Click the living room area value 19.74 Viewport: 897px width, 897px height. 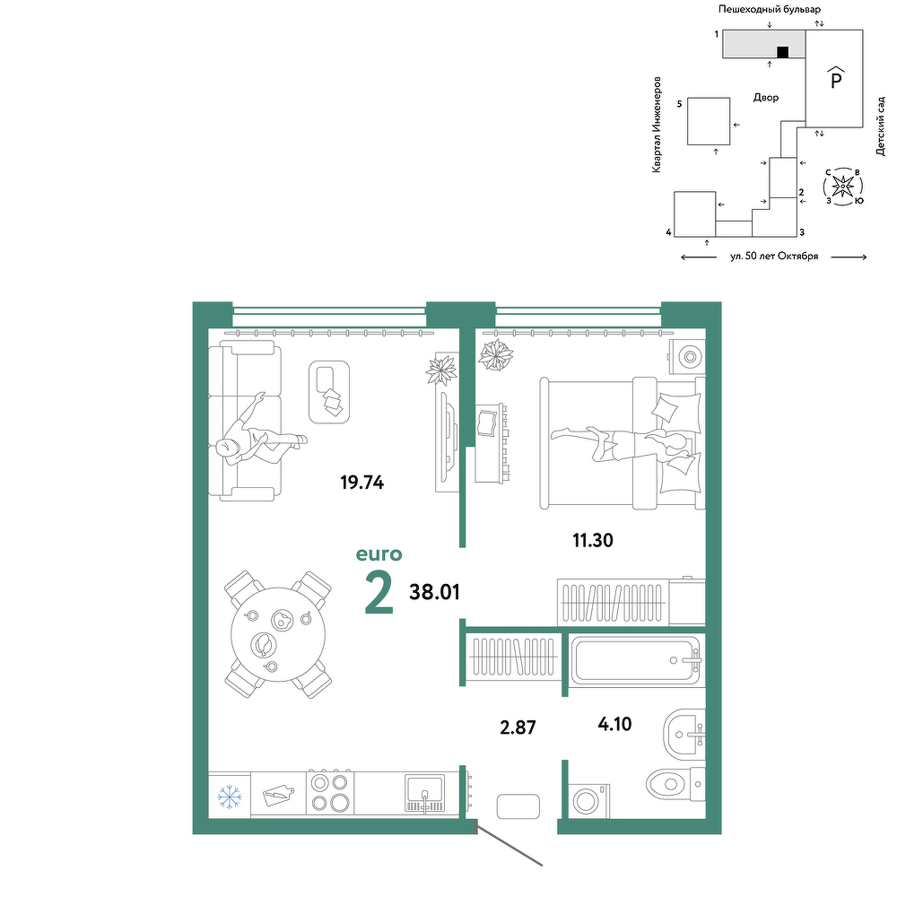click(x=362, y=483)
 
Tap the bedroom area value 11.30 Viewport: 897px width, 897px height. click(x=593, y=540)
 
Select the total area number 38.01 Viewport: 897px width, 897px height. click(x=435, y=592)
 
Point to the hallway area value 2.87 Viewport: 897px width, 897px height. click(x=518, y=727)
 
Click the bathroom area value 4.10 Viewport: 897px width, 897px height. click(x=614, y=724)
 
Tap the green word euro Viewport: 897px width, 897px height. click(x=379, y=554)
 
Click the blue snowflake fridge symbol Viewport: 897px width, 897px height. click(x=230, y=797)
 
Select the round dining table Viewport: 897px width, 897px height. click(x=278, y=634)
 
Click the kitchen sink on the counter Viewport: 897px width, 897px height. click(x=424, y=794)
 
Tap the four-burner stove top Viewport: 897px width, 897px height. click(x=331, y=792)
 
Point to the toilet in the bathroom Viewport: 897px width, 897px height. click(x=675, y=784)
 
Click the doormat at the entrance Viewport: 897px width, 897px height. click(x=518, y=806)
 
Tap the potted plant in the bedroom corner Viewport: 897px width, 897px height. click(x=496, y=354)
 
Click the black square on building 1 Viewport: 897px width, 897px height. click(x=782, y=52)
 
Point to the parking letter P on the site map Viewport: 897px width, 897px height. click(x=836, y=78)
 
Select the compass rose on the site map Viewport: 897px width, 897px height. click(x=843, y=186)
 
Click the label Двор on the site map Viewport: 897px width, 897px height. click(x=765, y=98)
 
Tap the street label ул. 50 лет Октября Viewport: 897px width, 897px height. click(x=774, y=257)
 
